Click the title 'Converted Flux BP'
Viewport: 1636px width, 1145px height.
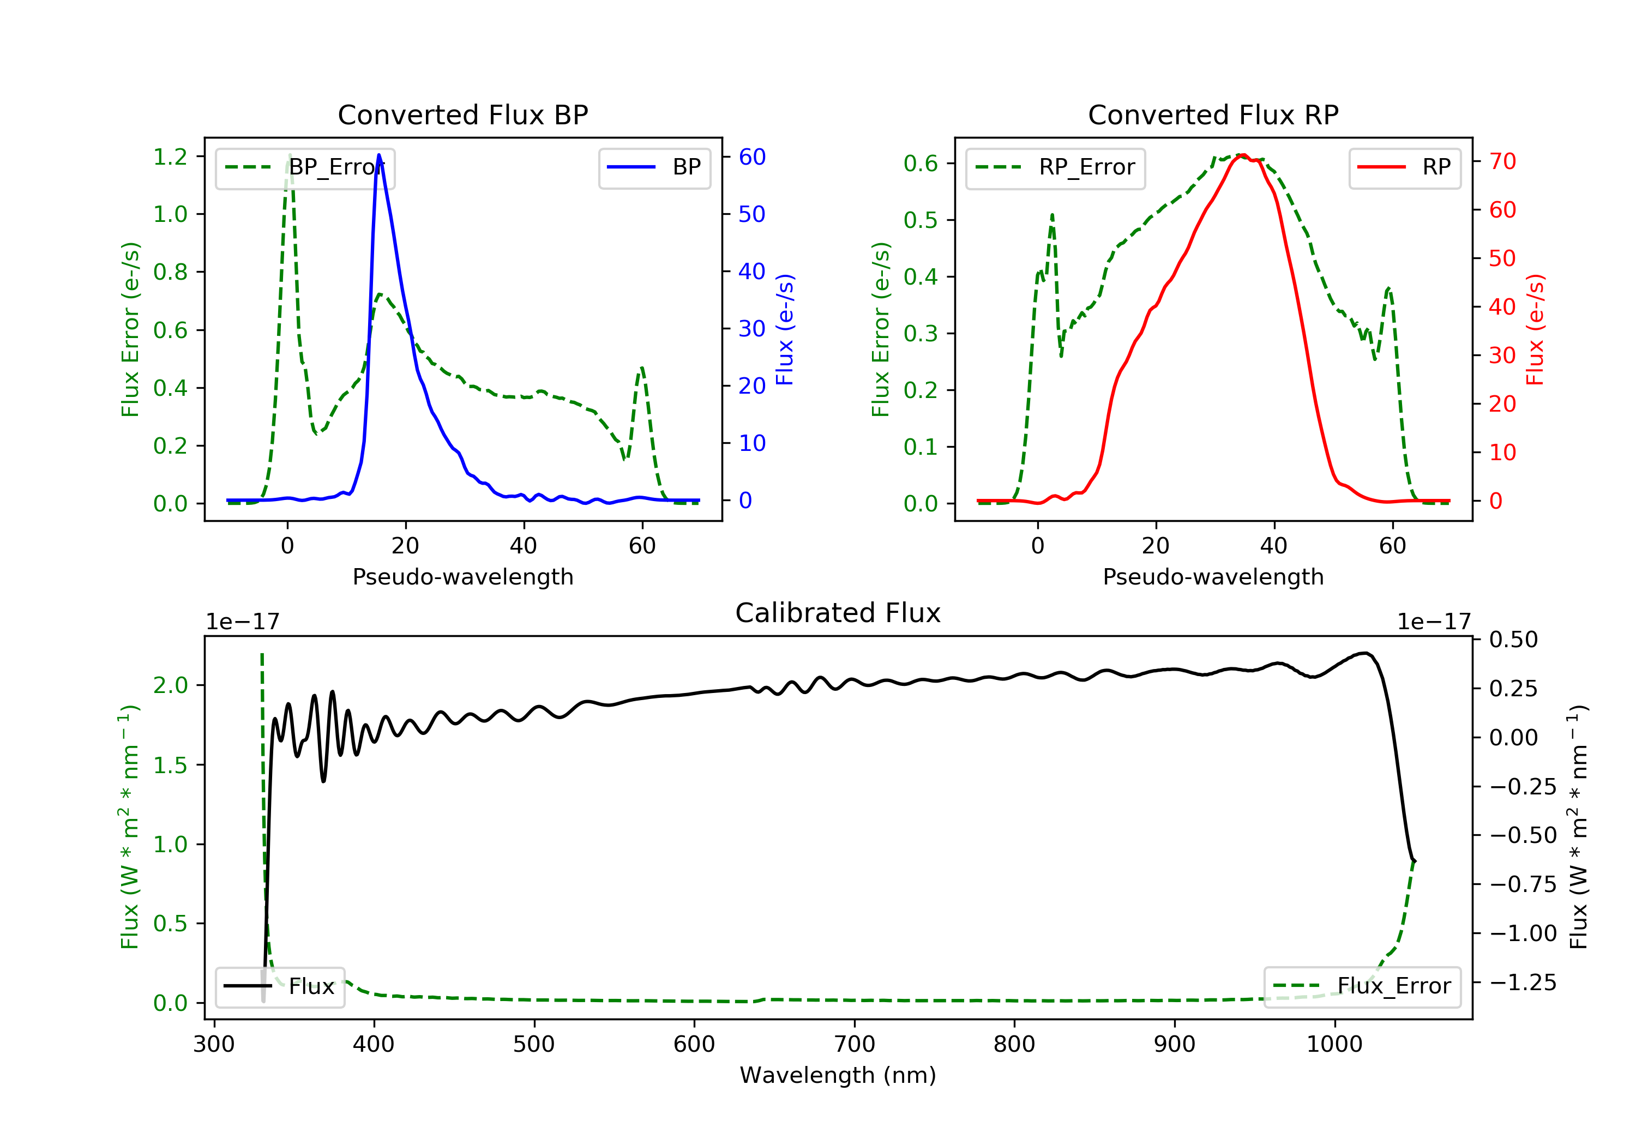coord(462,114)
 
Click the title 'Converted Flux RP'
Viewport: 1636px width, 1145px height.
coord(1213,114)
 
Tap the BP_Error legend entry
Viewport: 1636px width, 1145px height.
coord(305,167)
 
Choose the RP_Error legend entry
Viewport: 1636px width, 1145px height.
coord(1055,167)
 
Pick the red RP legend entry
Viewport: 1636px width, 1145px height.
coord(1404,167)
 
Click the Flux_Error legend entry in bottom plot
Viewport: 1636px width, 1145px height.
coord(1362,986)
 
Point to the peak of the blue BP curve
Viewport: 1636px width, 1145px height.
coord(378,155)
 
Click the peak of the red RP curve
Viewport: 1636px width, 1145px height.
coord(1242,155)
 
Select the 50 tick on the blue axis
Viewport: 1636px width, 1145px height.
coord(751,214)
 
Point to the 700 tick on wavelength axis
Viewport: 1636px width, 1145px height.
coord(855,1045)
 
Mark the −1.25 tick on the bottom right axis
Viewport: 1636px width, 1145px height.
coord(1523,983)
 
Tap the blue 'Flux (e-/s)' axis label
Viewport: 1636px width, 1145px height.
coord(785,329)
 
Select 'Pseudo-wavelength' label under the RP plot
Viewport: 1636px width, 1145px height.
coord(1213,576)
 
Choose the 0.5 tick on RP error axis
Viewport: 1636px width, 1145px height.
coord(921,220)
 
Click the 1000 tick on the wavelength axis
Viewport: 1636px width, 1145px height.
coord(1334,1045)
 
